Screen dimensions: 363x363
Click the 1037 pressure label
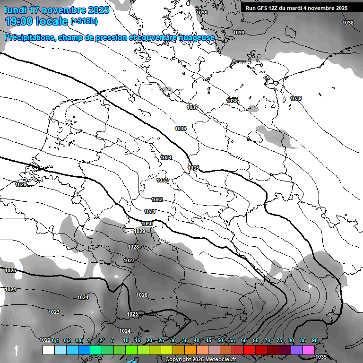[x=192, y=107]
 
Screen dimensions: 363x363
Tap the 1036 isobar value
[x=181, y=129]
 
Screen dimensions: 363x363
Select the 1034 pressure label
[x=166, y=157]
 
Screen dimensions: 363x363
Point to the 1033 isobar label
[x=162, y=180]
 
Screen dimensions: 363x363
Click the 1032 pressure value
[x=157, y=199]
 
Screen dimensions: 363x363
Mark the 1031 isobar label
[x=150, y=211]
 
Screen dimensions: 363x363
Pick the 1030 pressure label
[x=147, y=224]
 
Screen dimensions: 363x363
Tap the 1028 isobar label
[x=133, y=247]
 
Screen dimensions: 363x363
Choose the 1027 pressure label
[x=129, y=260]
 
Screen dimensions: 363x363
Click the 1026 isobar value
[x=142, y=295]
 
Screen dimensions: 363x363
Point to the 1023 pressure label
[x=54, y=312]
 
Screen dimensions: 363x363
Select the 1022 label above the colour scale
[x=45, y=340]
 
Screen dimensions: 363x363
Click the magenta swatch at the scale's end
[x=309, y=350]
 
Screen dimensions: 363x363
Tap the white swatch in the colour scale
[x=48, y=350]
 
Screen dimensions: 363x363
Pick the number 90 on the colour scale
[x=314, y=340]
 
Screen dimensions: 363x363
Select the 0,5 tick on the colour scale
[x=79, y=340]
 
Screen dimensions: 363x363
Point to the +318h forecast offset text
[x=84, y=21]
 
